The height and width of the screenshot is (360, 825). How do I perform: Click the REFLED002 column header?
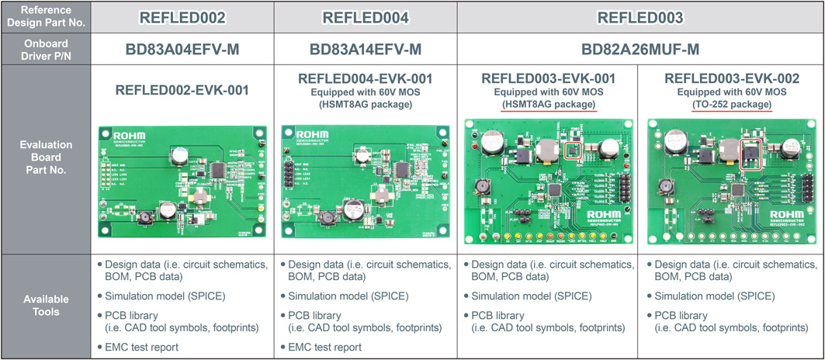tap(182, 17)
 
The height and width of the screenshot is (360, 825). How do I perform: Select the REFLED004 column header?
tap(365, 17)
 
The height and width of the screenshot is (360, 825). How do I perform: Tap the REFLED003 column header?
tap(640, 17)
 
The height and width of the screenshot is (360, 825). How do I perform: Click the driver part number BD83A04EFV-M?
tap(182, 50)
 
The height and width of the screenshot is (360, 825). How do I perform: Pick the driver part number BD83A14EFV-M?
tap(365, 50)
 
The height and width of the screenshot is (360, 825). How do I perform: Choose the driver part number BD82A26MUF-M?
tap(640, 50)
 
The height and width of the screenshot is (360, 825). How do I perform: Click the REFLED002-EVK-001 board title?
tap(182, 90)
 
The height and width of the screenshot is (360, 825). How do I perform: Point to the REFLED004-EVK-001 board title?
tap(365, 78)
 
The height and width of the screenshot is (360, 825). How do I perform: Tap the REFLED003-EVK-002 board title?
tap(732, 78)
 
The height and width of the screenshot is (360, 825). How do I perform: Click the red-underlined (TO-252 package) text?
tap(732, 104)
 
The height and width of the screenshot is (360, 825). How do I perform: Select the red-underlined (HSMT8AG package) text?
tap(549, 104)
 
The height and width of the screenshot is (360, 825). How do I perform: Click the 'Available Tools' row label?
tap(46, 305)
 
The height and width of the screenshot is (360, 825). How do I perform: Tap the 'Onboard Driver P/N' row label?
tap(46, 50)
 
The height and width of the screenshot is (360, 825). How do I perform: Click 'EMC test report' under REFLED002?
tap(141, 347)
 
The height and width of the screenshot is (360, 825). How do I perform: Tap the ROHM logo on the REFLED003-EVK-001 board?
tap(605, 214)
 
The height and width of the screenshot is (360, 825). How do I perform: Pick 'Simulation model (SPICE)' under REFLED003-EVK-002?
tap(713, 296)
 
